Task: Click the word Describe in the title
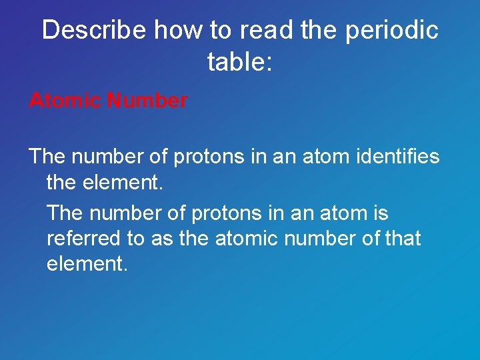point(94,30)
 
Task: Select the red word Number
point(147,101)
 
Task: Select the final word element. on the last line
point(86,263)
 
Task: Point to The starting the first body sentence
point(47,157)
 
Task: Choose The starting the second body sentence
point(65,213)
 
